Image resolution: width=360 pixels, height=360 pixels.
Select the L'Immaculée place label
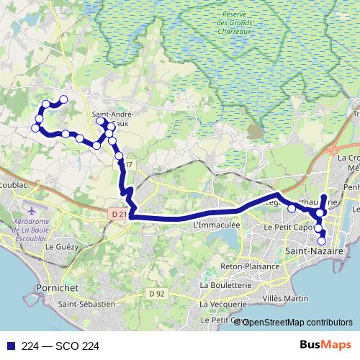[x=217, y=225]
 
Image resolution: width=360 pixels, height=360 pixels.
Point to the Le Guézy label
[x=61, y=246]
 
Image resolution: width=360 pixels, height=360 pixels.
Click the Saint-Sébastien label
[x=87, y=304]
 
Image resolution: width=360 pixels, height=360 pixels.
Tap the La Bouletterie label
[x=227, y=286]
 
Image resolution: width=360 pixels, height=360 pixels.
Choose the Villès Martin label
[x=287, y=297]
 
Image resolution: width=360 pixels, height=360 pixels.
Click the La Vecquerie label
[x=220, y=305]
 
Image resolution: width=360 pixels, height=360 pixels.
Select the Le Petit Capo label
[x=287, y=227]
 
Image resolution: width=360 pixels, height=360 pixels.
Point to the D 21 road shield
[x=120, y=214]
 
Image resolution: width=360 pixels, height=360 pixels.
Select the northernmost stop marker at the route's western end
[x=63, y=99]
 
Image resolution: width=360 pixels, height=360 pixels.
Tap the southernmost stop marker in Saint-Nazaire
[x=322, y=240]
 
